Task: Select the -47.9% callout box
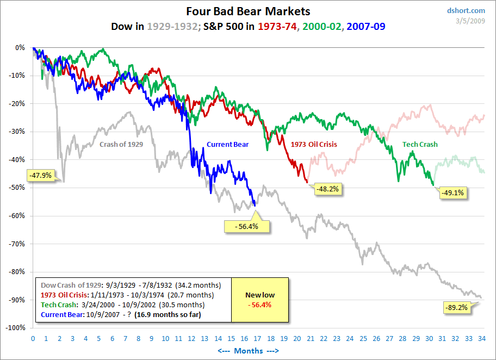pyautogui.click(x=40, y=176)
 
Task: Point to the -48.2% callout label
pyautogui.click(x=328, y=189)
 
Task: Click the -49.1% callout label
pyautogui.click(x=454, y=192)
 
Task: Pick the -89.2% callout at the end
pyautogui.click(x=456, y=307)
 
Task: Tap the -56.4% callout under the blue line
pyautogui.click(x=247, y=226)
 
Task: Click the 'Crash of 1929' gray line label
pyautogui.click(x=122, y=145)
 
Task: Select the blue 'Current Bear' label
pyautogui.click(x=227, y=145)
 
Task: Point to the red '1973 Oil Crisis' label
pyautogui.click(x=314, y=145)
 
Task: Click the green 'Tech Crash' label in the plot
pyautogui.click(x=420, y=145)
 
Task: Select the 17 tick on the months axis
pyautogui.click(x=257, y=338)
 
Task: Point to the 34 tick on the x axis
pyautogui.click(x=482, y=338)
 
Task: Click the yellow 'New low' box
pyautogui.click(x=259, y=300)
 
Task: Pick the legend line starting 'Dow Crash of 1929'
pyautogui.click(x=128, y=284)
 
